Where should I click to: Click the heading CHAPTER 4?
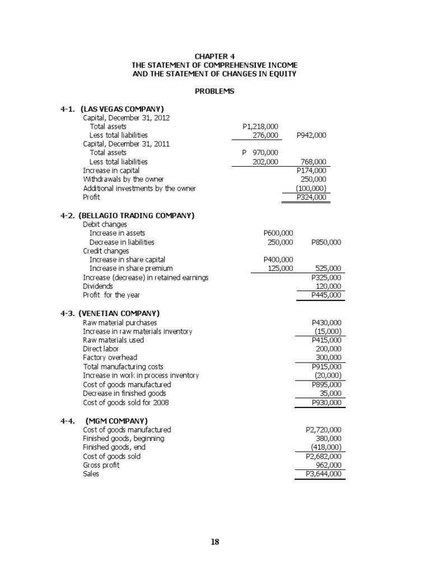coord(215,57)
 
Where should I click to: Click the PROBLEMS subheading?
coord(215,91)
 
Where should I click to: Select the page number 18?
coord(215,541)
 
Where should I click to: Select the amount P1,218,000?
coord(260,126)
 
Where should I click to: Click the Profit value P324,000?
coord(311,197)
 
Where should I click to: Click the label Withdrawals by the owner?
coord(124,179)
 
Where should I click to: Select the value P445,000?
coord(326,295)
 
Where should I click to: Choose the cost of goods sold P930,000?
coord(326,402)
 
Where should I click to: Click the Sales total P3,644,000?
coord(324,474)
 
